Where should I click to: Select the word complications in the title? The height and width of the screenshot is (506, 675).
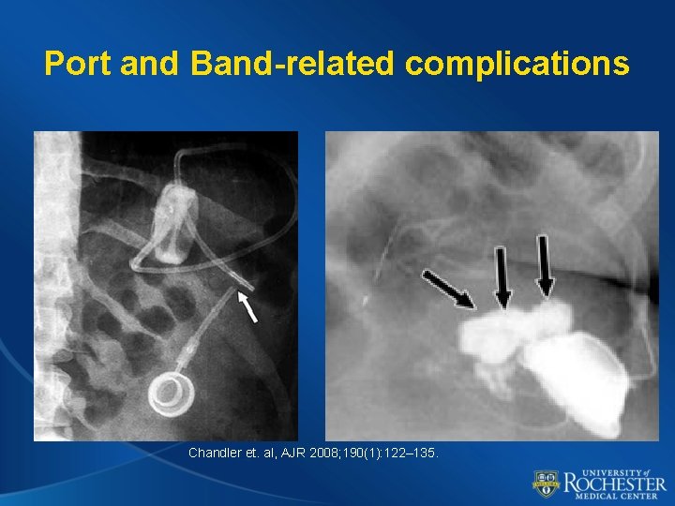[x=517, y=64]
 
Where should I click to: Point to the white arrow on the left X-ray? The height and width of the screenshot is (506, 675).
[x=247, y=306]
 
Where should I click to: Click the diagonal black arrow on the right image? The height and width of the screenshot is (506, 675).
[x=449, y=288]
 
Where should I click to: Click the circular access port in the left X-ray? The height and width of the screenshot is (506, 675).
[x=170, y=392]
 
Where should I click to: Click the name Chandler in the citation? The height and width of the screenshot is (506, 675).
[x=217, y=453]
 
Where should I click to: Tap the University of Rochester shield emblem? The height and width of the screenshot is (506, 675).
[x=546, y=484]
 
